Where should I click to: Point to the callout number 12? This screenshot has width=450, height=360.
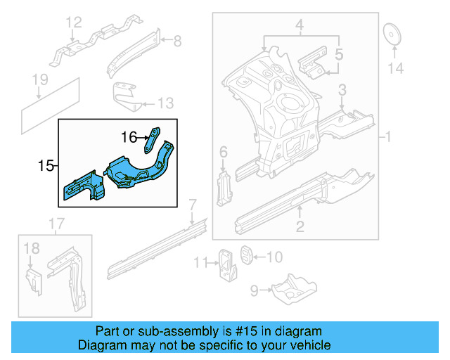tap(74, 26)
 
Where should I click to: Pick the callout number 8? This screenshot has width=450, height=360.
tap(176, 41)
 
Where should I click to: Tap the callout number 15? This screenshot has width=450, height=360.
tap(46, 166)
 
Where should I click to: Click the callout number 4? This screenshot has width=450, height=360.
tap(299, 27)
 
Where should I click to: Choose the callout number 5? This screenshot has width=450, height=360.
tap(338, 53)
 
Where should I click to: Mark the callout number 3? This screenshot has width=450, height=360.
tap(342, 89)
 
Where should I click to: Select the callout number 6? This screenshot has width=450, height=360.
tap(223, 152)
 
